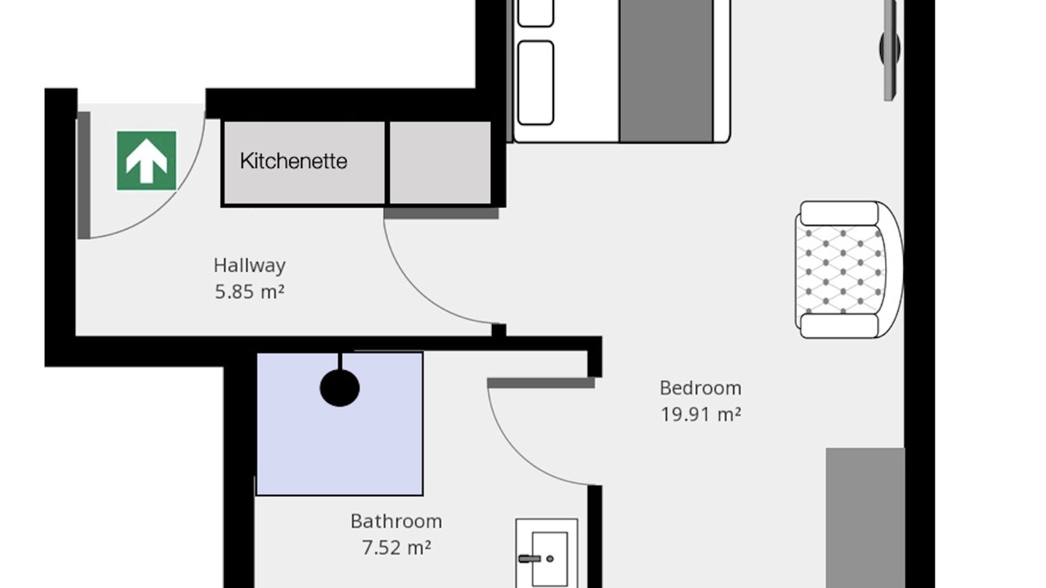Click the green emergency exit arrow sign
click(x=146, y=161)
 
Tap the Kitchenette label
click(x=293, y=162)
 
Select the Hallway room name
click(x=250, y=265)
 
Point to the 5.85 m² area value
click(x=250, y=292)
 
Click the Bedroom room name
click(x=700, y=388)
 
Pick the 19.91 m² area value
click(x=701, y=414)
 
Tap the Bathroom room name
click(x=396, y=521)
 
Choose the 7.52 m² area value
click(x=396, y=547)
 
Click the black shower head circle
click(x=340, y=388)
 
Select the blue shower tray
click(x=340, y=424)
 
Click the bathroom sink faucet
click(x=531, y=559)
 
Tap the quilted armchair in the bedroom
click(x=848, y=269)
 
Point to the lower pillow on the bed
click(x=536, y=83)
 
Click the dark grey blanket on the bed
click(x=666, y=70)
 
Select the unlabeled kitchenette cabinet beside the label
click(x=440, y=163)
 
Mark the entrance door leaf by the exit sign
click(x=83, y=175)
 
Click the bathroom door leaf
click(x=541, y=383)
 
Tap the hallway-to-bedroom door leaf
click(x=441, y=213)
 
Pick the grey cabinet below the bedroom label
click(x=865, y=518)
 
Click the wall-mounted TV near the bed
click(x=890, y=49)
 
